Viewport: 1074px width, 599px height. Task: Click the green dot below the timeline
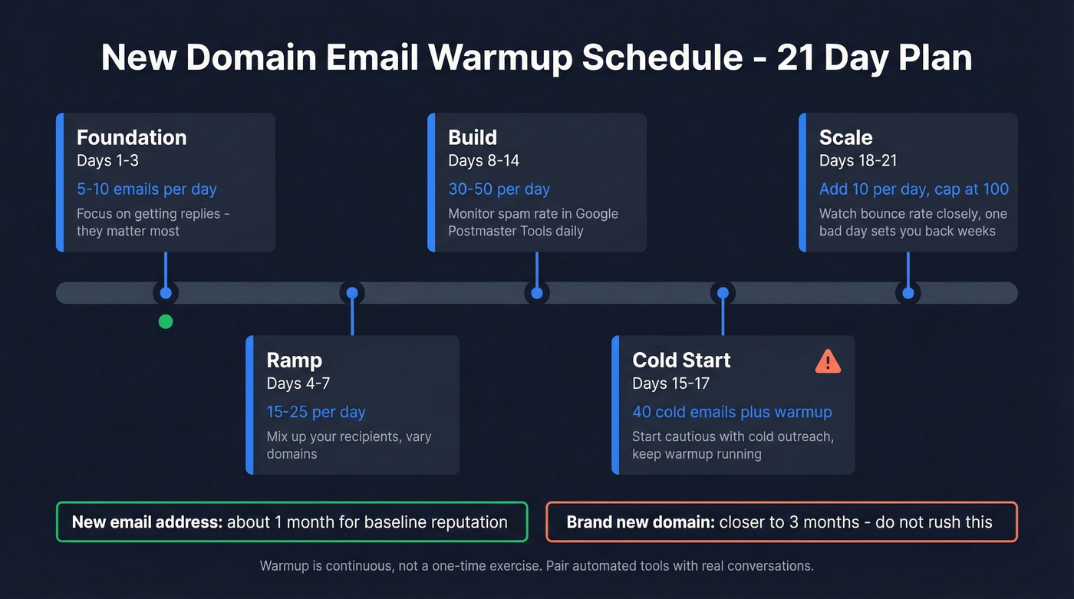tap(166, 321)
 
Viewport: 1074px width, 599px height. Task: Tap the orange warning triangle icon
tap(828, 361)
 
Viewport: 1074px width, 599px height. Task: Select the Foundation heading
tap(131, 138)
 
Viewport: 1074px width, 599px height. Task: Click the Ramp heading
tap(294, 360)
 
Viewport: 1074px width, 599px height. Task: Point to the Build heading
tap(473, 138)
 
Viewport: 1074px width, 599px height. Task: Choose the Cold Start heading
tap(680, 360)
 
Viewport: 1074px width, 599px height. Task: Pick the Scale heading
tap(845, 138)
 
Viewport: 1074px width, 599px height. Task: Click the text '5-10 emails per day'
tap(147, 189)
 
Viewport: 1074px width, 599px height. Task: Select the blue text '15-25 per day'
tap(315, 412)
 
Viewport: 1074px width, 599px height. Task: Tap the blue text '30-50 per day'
tap(499, 189)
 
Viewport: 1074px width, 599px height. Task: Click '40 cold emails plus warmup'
tap(732, 412)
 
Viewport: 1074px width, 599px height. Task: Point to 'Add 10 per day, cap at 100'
tap(914, 189)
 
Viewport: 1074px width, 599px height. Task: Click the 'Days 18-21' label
tap(858, 161)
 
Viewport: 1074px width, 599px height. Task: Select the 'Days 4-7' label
tap(298, 383)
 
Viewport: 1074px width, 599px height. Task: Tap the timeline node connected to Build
tap(537, 293)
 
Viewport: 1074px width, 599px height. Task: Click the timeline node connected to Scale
tap(908, 293)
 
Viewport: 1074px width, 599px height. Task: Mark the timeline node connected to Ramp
tap(352, 293)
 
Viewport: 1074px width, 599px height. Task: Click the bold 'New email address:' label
tap(147, 522)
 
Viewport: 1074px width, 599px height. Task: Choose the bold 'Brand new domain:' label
tap(640, 522)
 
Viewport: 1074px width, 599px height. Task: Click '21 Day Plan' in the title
tap(875, 58)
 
